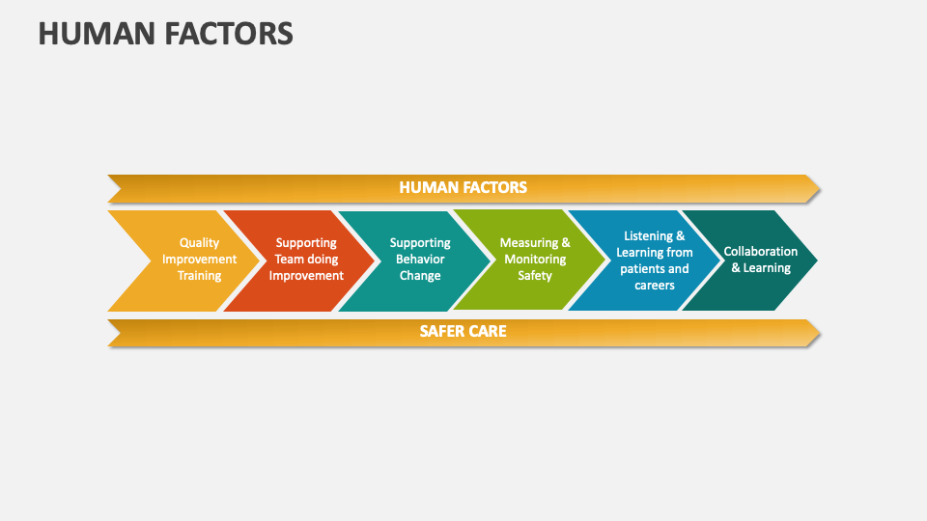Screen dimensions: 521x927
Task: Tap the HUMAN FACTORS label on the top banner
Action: [x=463, y=187]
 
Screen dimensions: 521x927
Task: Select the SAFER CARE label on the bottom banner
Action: [x=463, y=331]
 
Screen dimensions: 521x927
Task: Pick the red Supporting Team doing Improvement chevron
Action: [x=305, y=260]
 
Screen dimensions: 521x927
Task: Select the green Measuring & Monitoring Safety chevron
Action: [x=534, y=260]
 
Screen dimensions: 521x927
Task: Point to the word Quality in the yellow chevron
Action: [x=199, y=243]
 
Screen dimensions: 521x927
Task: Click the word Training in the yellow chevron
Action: [x=199, y=276]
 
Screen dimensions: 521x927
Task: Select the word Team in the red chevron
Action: [x=291, y=260]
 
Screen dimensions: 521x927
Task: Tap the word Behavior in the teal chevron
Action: [x=420, y=260]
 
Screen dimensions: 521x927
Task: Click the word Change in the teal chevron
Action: [x=420, y=276]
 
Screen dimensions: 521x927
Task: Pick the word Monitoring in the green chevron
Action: [x=535, y=260]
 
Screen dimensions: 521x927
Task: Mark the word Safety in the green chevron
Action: [x=535, y=276]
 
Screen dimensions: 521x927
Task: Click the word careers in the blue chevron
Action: [x=654, y=285]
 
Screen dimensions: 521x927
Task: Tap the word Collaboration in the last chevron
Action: [x=761, y=252]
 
